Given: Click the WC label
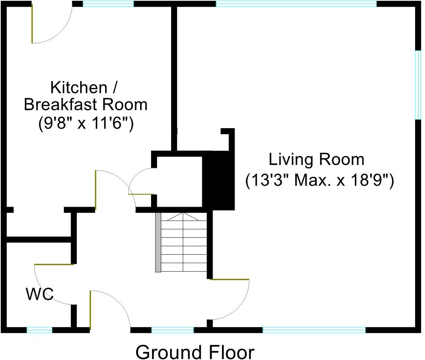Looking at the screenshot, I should pyautogui.click(x=39, y=295).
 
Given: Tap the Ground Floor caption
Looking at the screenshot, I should pyautogui.click(x=195, y=351).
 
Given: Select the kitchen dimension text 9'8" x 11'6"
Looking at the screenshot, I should pyautogui.click(x=86, y=123).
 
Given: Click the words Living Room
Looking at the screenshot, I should pyautogui.click(x=316, y=160).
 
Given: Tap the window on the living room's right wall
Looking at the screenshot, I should pyautogui.click(x=418, y=85).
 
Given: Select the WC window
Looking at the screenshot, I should pyautogui.click(x=39, y=330).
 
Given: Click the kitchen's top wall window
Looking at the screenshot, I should pyautogui.click(x=108, y=4).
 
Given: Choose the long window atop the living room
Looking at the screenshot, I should pyautogui.click(x=296, y=4).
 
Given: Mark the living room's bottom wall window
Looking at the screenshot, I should pyautogui.click(x=314, y=330).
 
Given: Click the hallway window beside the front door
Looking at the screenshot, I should pyautogui.click(x=172, y=330).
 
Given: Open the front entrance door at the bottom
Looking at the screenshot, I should pyautogui.click(x=90, y=310).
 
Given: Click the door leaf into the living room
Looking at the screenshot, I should pyautogui.click(x=229, y=279).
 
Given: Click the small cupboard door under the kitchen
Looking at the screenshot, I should pyautogui.click(x=141, y=194).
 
